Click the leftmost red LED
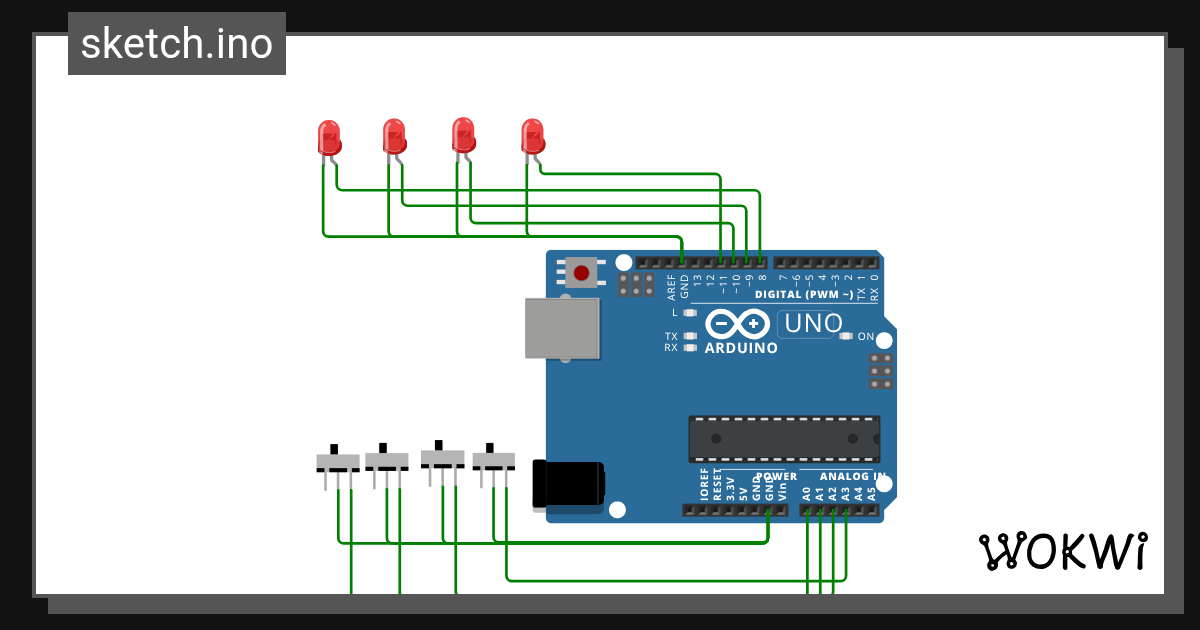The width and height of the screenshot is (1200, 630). tap(329, 138)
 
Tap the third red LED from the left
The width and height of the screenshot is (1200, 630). tap(463, 135)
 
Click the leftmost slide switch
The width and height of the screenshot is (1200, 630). tap(337, 463)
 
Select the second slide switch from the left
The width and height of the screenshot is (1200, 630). tap(386, 461)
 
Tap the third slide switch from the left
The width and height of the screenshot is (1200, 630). tap(442, 458)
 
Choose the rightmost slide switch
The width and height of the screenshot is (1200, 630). tap(493, 460)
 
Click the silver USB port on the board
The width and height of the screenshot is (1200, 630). tap(563, 328)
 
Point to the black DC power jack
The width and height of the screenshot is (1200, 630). tap(568, 484)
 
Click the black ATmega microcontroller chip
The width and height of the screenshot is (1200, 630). tap(784, 439)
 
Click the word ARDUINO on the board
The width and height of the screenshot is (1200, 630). tap(741, 348)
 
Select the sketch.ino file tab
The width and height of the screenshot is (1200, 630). tap(177, 44)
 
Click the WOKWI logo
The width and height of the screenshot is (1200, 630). tap(1062, 551)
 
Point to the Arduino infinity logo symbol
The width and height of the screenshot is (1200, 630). tap(737, 324)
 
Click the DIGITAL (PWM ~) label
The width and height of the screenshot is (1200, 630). tap(804, 295)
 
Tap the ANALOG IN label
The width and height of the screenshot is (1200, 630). tap(852, 476)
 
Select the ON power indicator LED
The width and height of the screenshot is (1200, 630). tap(847, 336)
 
